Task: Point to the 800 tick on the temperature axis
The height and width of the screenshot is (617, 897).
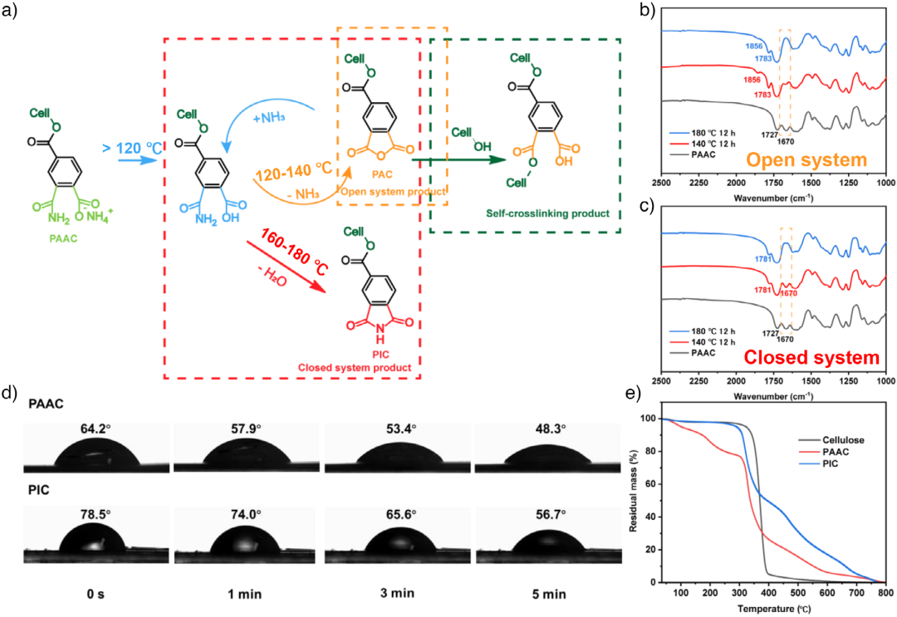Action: tap(885, 593)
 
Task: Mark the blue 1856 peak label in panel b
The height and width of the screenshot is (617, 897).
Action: tap(754, 47)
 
